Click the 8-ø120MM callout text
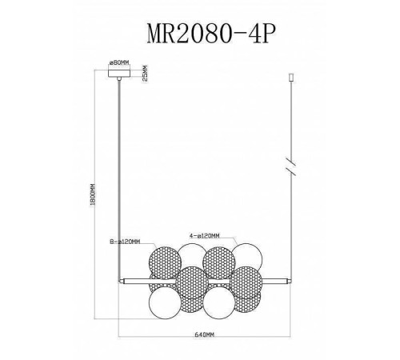(126, 240)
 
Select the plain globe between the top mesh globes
(191, 258)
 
